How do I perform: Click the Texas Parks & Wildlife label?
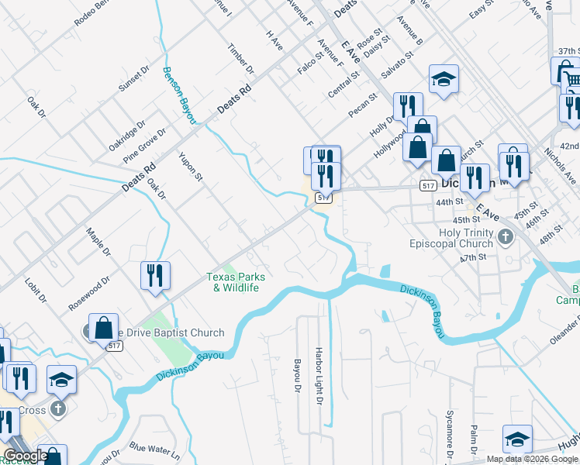[x=236, y=282]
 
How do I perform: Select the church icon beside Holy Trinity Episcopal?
[x=506, y=236]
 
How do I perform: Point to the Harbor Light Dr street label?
[x=318, y=376]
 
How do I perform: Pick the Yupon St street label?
[x=190, y=167]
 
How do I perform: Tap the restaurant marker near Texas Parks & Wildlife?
[x=155, y=275]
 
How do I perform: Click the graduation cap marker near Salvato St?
[x=444, y=78]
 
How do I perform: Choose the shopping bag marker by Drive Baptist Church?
[x=103, y=327]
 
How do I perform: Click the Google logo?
[x=26, y=456]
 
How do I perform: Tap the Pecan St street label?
[x=362, y=106]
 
